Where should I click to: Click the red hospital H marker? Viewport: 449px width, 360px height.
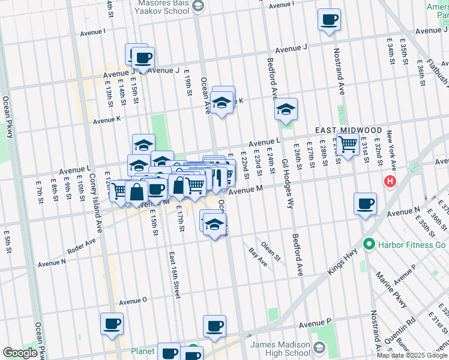click(391, 181)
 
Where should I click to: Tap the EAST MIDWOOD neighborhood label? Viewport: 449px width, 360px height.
click(348, 130)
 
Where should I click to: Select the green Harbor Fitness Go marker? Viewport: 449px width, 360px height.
click(369, 245)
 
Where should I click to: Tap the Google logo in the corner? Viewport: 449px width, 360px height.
click(20, 353)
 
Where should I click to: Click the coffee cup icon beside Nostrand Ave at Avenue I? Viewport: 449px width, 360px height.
click(329, 19)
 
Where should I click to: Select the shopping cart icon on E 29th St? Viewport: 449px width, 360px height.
click(348, 145)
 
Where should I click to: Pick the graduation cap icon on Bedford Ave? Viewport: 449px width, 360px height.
click(286, 109)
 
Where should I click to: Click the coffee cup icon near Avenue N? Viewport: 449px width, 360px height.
click(365, 204)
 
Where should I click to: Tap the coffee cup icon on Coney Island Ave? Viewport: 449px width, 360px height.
click(112, 324)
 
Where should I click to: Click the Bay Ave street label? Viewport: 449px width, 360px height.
click(258, 256)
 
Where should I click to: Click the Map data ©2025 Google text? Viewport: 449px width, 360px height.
click(412, 355)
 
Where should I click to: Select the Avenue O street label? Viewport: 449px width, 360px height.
click(133, 301)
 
